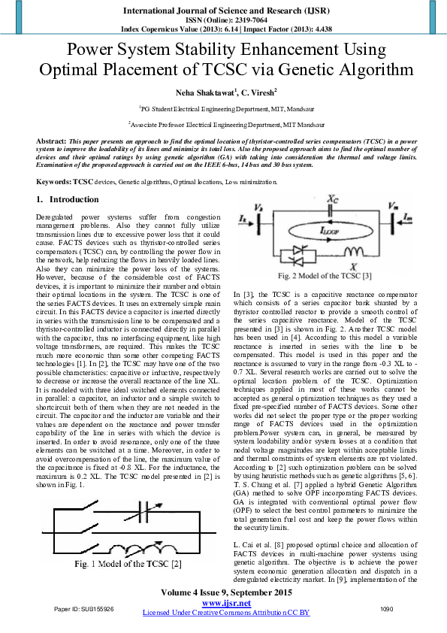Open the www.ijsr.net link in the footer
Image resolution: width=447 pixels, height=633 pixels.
click(226, 603)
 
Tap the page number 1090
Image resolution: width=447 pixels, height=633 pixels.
click(386, 609)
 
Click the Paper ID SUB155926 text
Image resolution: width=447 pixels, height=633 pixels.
click(83, 609)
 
